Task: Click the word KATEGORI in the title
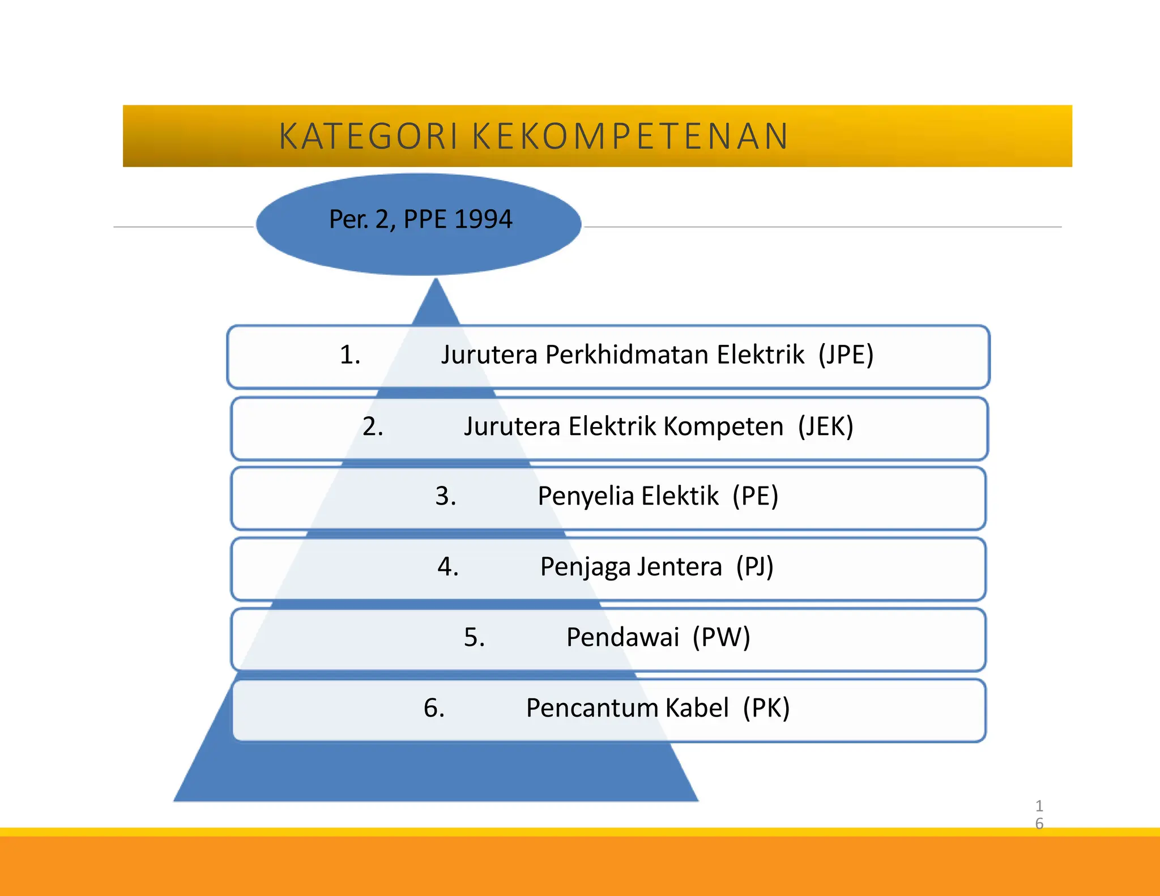point(368,136)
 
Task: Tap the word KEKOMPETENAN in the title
point(630,136)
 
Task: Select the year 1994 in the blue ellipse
point(483,219)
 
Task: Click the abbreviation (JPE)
point(846,355)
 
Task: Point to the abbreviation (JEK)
point(825,426)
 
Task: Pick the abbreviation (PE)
point(755,496)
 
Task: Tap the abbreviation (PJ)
point(754,566)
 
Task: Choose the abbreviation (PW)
point(721,637)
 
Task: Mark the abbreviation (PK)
point(766,708)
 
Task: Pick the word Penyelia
point(586,497)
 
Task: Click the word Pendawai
point(622,637)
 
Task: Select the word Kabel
point(697,708)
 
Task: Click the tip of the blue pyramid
point(436,281)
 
